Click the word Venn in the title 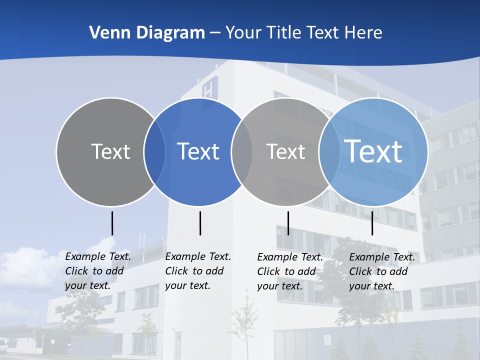[106, 33]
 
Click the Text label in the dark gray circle [110, 151]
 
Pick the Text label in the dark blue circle [198, 151]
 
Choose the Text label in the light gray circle [285, 151]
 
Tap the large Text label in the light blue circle [373, 151]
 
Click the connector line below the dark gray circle [112, 223]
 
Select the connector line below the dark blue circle [200, 223]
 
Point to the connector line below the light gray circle [288, 223]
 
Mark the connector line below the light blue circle [372, 223]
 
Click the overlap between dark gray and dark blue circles [154, 152]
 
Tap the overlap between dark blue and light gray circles [242, 152]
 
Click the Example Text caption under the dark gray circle [97, 271]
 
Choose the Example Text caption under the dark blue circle [197, 271]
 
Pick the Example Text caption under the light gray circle [289, 271]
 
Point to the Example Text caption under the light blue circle [381, 271]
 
